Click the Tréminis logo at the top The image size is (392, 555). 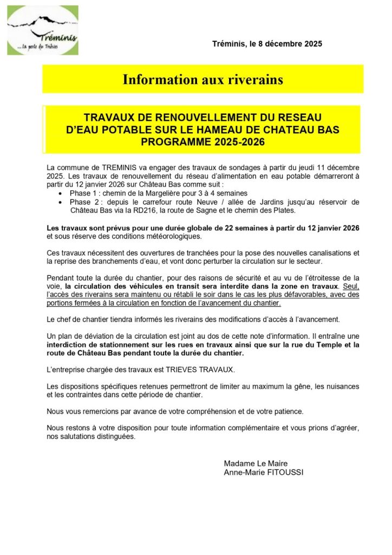[x=42, y=30]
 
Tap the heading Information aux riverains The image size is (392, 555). [x=203, y=80]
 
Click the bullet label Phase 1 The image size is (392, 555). [x=84, y=193]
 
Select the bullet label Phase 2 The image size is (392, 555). [x=84, y=202]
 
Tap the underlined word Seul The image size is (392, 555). [x=351, y=286]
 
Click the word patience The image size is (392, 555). [x=289, y=411]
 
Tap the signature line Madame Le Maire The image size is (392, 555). [x=256, y=463]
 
